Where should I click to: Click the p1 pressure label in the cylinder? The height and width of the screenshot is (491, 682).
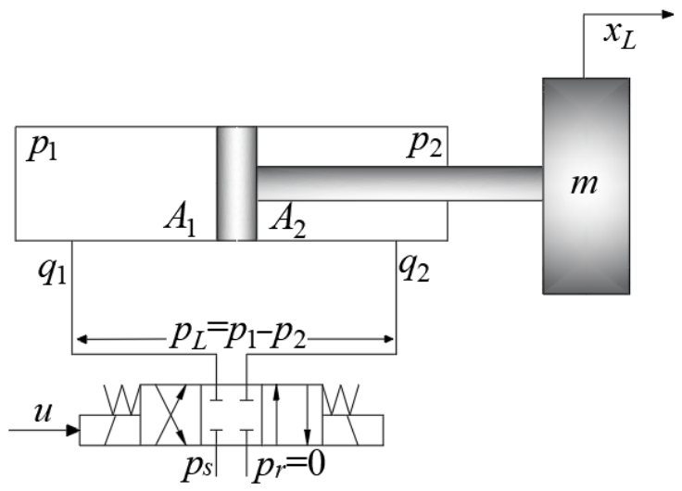click(43, 148)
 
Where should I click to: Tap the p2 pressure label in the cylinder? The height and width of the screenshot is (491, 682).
click(425, 144)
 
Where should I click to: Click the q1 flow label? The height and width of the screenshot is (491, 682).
click(52, 271)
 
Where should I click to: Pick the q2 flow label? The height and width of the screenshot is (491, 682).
click(413, 268)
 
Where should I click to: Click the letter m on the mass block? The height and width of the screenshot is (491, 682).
click(584, 183)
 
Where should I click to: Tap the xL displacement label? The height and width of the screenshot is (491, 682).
click(620, 35)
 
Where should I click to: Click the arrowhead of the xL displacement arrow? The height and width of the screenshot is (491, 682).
click(668, 14)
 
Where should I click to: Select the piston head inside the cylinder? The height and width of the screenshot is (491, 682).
click(236, 183)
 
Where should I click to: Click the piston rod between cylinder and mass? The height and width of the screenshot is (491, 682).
click(399, 183)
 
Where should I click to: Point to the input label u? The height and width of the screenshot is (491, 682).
click(43, 412)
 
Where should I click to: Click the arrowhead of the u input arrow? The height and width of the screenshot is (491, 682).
click(72, 431)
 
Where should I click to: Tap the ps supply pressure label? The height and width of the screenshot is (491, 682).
click(197, 469)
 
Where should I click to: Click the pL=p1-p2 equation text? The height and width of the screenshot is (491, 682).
click(237, 335)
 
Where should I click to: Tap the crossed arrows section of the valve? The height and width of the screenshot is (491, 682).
click(170, 415)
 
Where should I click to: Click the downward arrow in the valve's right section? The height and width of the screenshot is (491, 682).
click(307, 415)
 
